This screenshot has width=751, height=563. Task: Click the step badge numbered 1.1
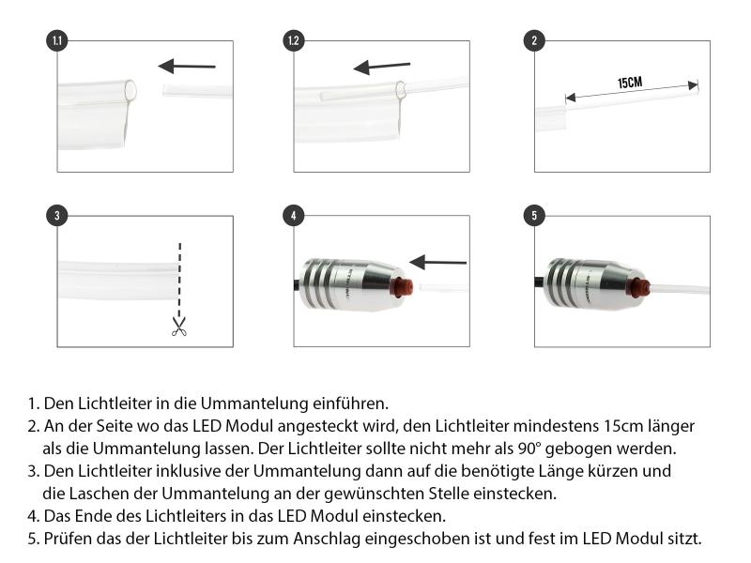pyautogui.click(x=57, y=40)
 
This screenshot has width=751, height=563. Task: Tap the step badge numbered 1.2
pyautogui.click(x=294, y=40)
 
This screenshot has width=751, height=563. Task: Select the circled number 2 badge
pyautogui.click(x=534, y=40)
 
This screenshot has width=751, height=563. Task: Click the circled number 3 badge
pyautogui.click(x=57, y=215)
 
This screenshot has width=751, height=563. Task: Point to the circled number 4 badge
pyautogui.click(x=294, y=215)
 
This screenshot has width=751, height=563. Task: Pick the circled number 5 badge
pyautogui.click(x=534, y=215)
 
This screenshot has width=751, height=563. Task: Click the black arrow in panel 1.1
pyautogui.click(x=187, y=66)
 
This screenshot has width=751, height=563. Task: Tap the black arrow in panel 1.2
pyautogui.click(x=381, y=67)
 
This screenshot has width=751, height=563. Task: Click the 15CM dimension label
pyautogui.click(x=629, y=83)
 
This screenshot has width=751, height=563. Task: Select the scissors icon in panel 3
pyautogui.click(x=178, y=326)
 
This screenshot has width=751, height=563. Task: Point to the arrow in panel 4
pyautogui.click(x=438, y=262)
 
